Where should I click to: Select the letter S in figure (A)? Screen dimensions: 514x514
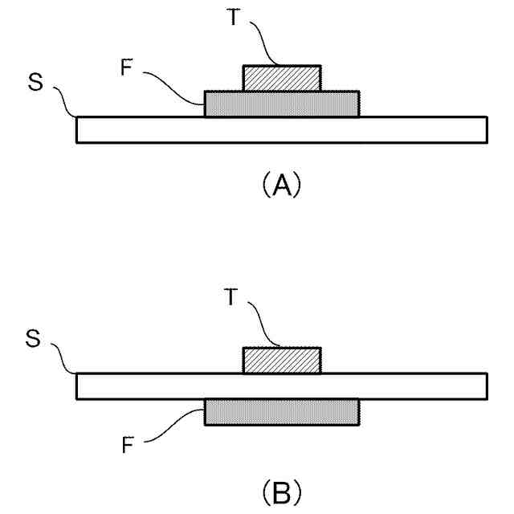point(35,84)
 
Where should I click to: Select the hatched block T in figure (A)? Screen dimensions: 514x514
point(282,78)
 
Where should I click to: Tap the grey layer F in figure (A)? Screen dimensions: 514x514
point(281,104)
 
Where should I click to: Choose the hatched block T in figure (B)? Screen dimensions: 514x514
point(282,361)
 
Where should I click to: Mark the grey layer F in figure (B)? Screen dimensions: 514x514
point(281,412)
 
